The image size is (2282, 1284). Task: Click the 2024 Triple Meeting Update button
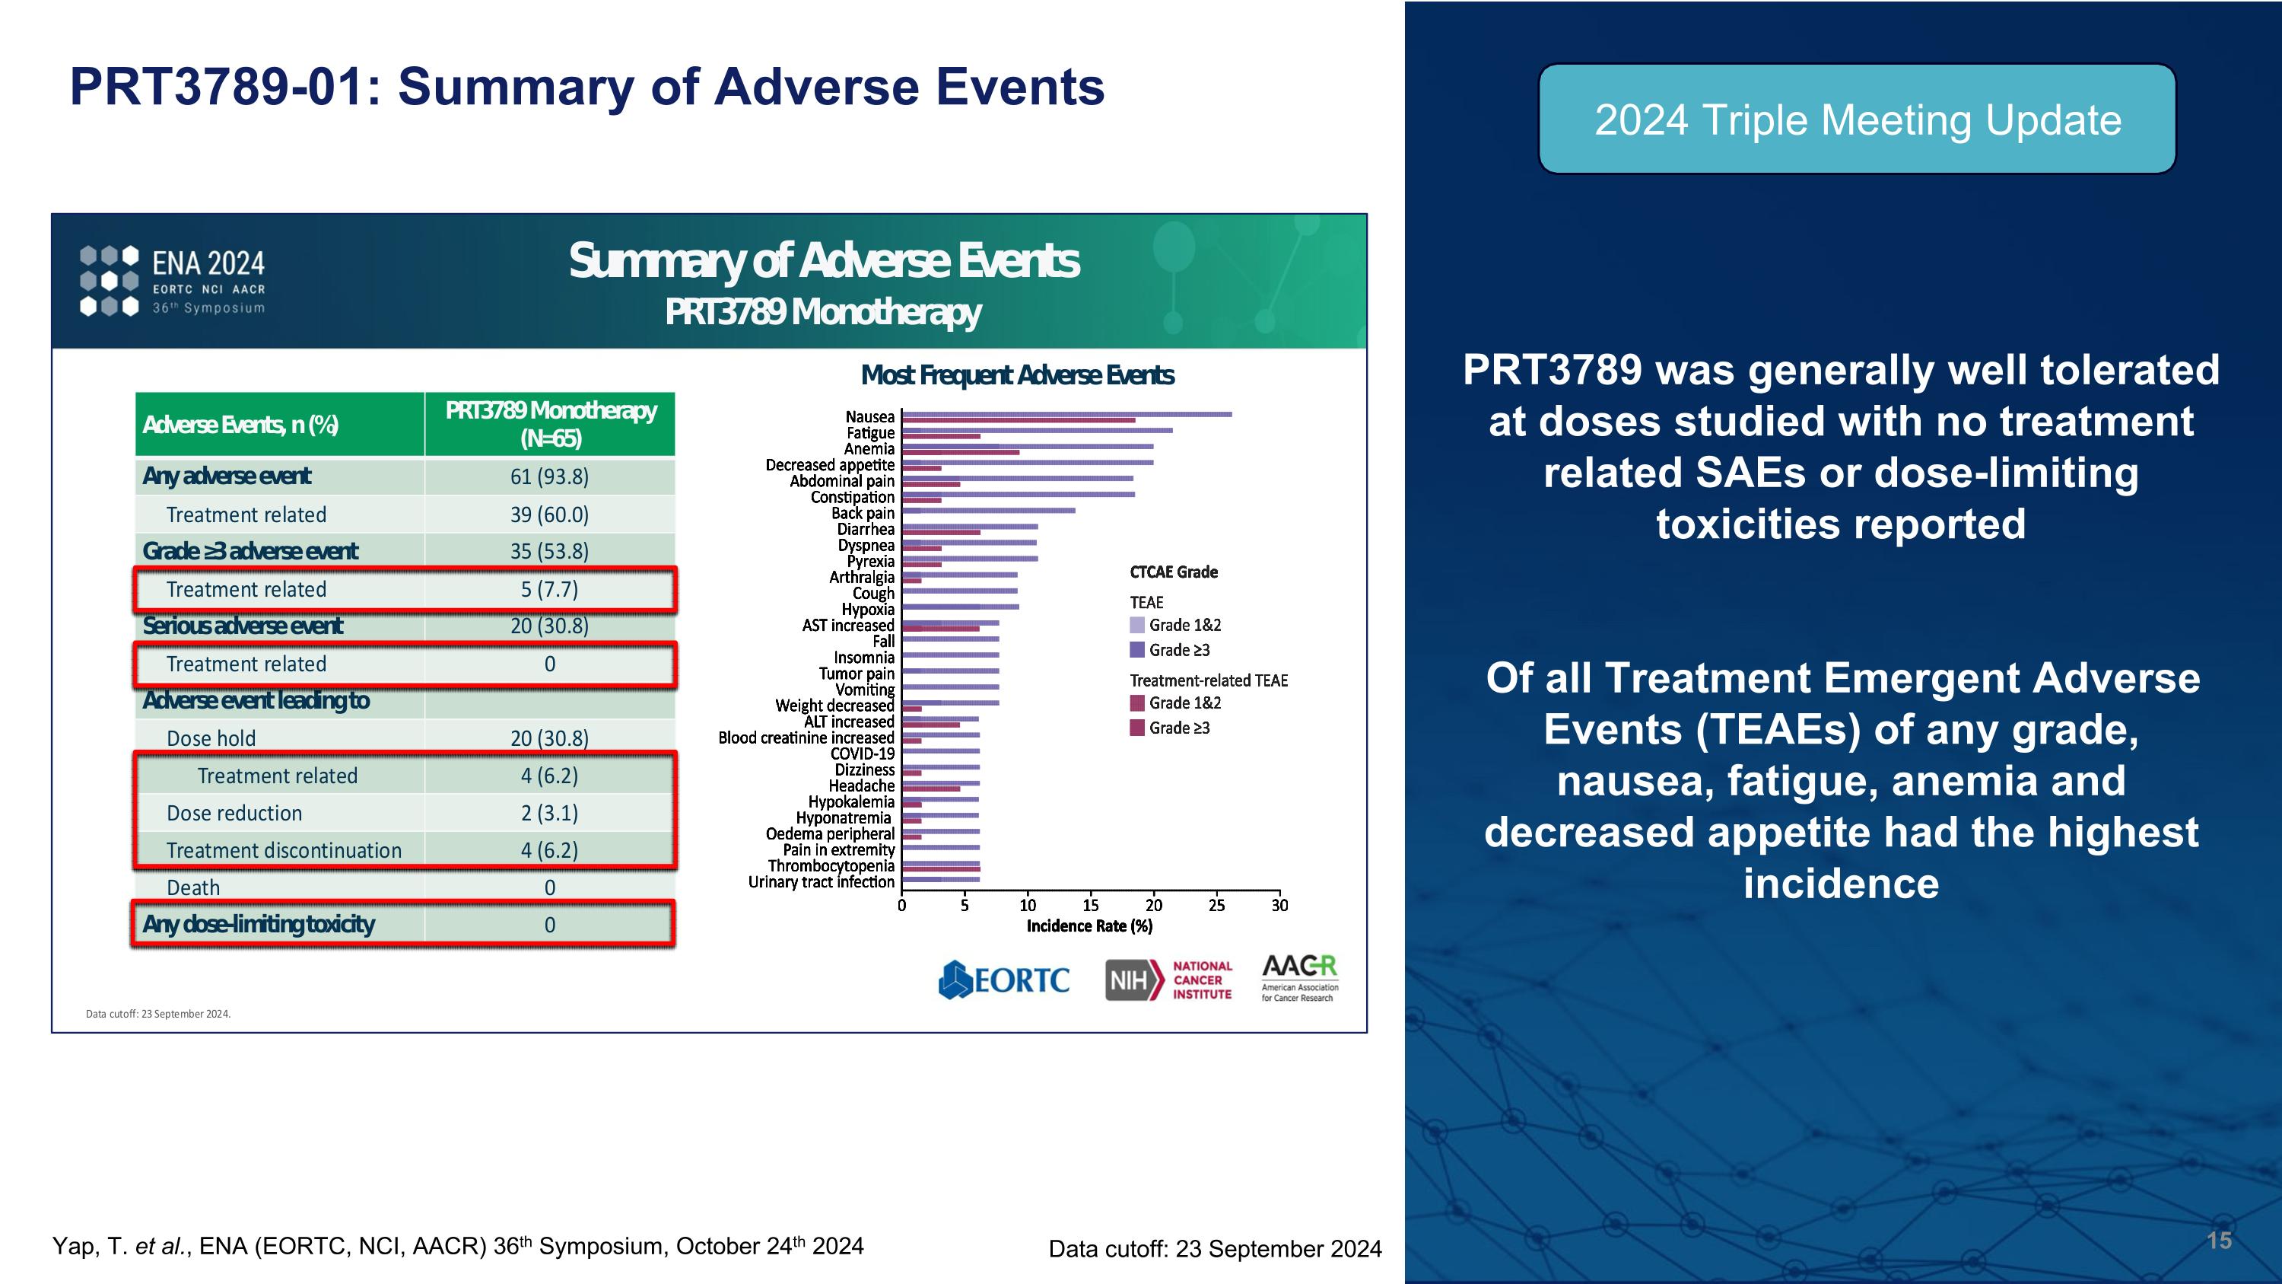click(1857, 119)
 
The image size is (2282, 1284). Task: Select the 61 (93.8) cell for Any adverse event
click(549, 476)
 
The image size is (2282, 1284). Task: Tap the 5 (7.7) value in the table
click(549, 589)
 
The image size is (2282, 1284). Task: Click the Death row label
click(193, 887)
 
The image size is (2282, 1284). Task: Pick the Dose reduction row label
click(234, 813)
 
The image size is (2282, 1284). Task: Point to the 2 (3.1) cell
click(549, 813)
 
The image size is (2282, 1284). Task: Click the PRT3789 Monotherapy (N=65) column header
click(550, 424)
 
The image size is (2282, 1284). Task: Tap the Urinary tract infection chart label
click(822, 881)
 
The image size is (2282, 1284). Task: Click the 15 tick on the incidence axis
click(1091, 905)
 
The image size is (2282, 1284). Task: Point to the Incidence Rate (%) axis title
click(1089, 926)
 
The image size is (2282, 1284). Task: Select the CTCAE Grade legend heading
click(1173, 572)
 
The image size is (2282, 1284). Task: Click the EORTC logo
click(1003, 980)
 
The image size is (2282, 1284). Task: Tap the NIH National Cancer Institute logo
click(1168, 980)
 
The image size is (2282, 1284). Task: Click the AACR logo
click(1298, 977)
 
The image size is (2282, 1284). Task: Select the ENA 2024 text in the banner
click(208, 263)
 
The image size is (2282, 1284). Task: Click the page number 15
click(2218, 1240)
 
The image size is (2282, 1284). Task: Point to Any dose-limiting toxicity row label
click(259, 924)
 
